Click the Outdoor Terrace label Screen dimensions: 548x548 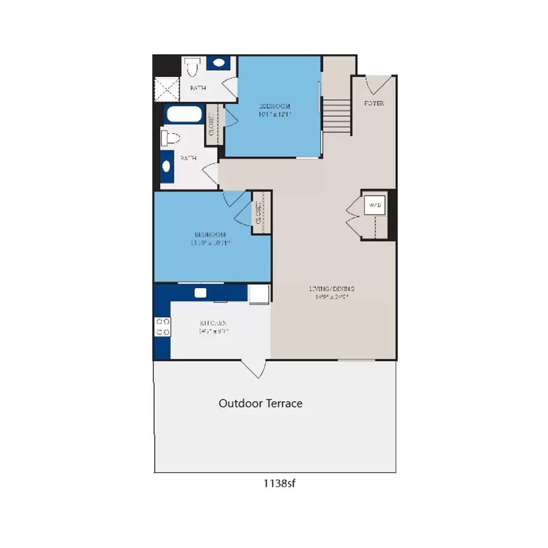click(260, 403)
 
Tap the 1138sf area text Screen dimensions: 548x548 click(279, 483)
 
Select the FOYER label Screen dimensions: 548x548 click(374, 104)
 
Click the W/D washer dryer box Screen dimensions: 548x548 click(375, 205)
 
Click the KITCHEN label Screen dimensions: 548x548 click(213, 323)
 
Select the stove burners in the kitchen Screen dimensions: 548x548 click(162, 326)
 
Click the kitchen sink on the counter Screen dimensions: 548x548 click(200, 293)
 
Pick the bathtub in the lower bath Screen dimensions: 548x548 click(183, 115)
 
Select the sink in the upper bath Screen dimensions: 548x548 click(219, 63)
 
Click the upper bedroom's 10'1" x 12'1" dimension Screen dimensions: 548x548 click(275, 114)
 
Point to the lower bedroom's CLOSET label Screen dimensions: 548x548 click(258, 213)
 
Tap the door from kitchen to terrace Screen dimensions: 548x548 click(254, 368)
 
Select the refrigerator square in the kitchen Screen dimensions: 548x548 click(258, 294)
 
